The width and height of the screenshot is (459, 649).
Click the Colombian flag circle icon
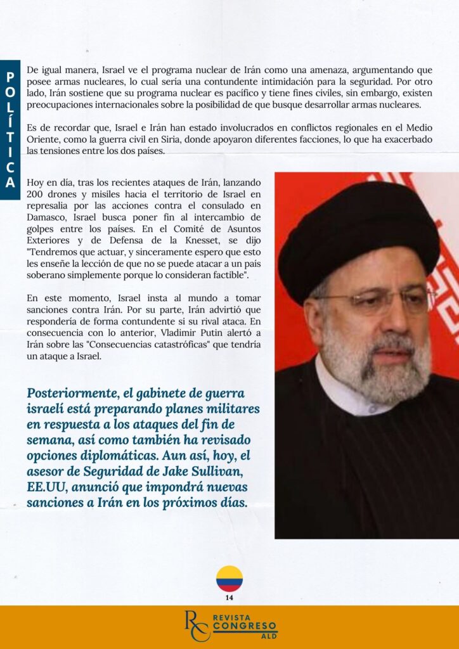229,579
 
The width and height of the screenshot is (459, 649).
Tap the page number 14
229,597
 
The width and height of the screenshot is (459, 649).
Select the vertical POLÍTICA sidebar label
10,129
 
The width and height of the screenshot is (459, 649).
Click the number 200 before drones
35,195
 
